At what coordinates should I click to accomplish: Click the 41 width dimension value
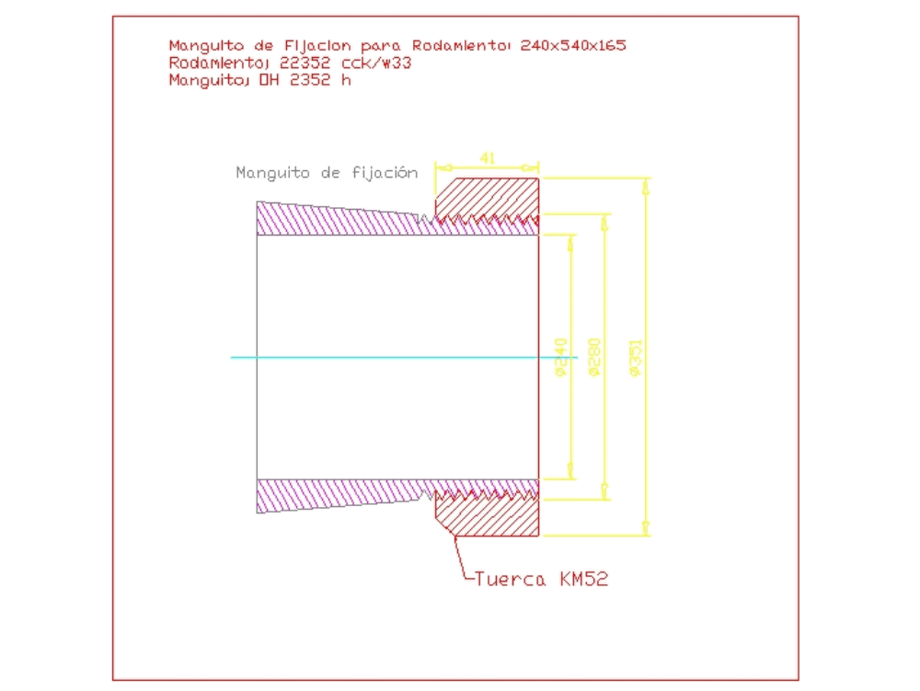click(x=488, y=158)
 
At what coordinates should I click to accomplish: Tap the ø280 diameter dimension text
click(x=593, y=358)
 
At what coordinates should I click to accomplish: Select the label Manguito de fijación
click(x=327, y=172)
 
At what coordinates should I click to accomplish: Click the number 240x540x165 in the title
click(x=573, y=45)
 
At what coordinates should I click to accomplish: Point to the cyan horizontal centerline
click(x=386, y=357)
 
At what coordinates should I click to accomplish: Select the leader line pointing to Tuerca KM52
click(x=459, y=557)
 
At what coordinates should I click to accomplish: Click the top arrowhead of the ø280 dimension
click(x=604, y=222)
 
